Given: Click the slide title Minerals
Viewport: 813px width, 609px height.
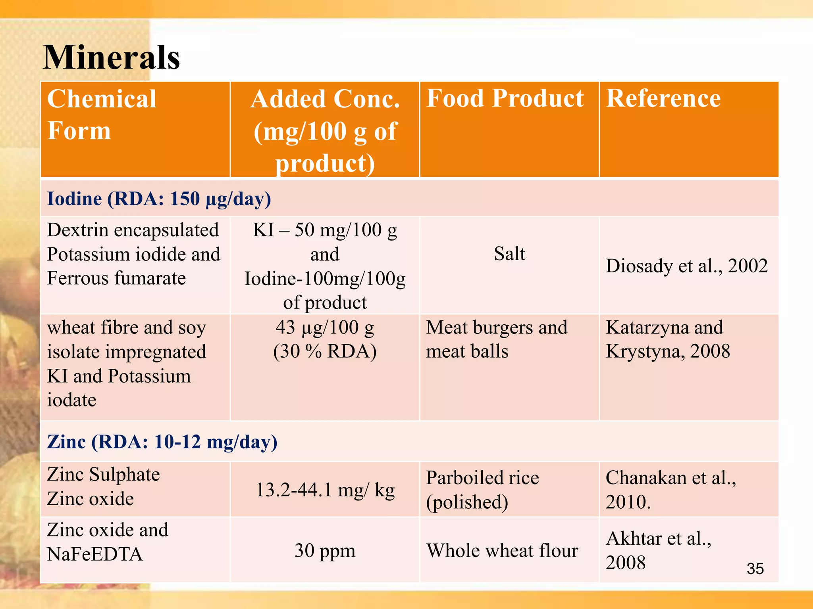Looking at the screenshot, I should click(x=111, y=57).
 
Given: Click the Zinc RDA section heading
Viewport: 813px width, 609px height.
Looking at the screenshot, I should click(x=162, y=441).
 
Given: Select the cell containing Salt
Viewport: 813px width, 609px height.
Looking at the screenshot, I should click(x=509, y=254).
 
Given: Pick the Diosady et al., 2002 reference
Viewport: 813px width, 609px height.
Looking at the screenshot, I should click(x=686, y=266).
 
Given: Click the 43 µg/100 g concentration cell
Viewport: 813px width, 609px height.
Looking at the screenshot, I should click(x=325, y=339).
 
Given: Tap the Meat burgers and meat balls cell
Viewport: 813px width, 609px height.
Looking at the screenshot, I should click(x=496, y=339).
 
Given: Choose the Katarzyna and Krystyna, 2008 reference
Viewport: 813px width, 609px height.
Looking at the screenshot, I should click(x=668, y=339).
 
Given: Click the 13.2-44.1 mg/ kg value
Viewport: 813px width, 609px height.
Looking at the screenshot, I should click(x=325, y=490).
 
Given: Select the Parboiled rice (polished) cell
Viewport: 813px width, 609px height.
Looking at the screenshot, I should click(x=482, y=490).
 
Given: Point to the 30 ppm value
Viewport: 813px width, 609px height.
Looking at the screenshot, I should click(x=325, y=550).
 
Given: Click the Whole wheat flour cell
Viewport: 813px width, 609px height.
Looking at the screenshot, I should click(x=502, y=550).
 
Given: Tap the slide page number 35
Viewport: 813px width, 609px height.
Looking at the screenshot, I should click(x=755, y=569).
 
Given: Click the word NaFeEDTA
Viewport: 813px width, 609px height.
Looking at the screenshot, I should click(x=94, y=554).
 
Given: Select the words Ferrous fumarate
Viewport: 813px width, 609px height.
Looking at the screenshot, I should click(x=116, y=278).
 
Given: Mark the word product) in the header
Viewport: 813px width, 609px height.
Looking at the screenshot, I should click(x=325, y=163).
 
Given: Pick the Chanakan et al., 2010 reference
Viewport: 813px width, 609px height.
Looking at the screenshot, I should click(x=670, y=490).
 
